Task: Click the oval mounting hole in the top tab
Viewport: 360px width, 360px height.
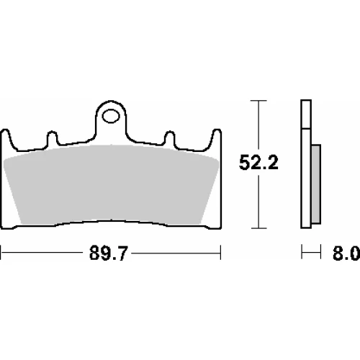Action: pyautogui.click(x=111, y=117)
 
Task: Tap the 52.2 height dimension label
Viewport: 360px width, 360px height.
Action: pyautogui.click(x=258, y=163)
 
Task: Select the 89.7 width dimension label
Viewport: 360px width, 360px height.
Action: pyautogui.click(x=108, y=253)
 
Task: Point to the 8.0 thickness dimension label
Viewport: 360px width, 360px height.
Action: pyautogui.click(x=346, y=253)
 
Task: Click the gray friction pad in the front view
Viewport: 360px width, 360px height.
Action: pyautogui.click(x=111, y=185)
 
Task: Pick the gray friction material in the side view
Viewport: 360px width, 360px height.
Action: pyautogui.click(x=316, y=184)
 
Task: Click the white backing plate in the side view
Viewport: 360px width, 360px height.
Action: pyautogui.click(x=306, y=164)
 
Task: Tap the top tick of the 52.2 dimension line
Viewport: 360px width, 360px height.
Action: pyautogui.click(x=258, y=101)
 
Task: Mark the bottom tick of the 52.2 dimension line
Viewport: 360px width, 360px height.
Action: pyautogui.click(x=258, y=228)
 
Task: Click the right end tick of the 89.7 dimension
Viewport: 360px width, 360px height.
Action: pyautogui.click(x=220, y=253)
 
